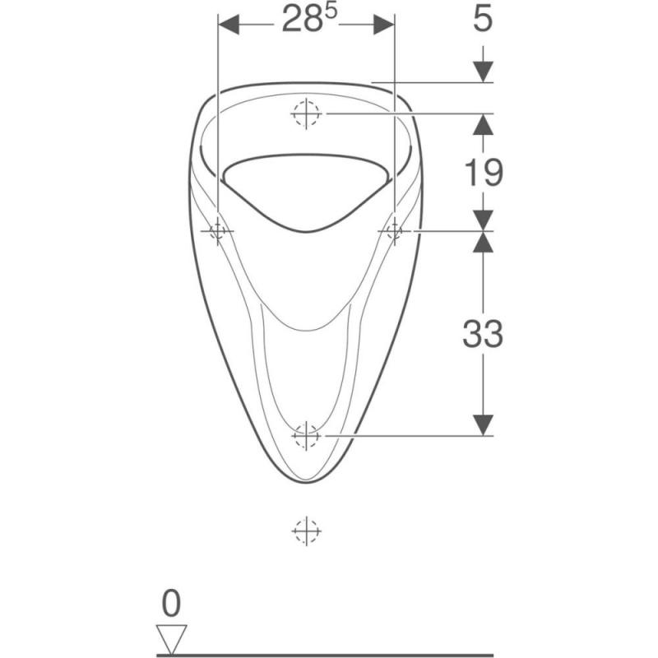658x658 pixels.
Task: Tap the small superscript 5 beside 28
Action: pyautogui.click(x=331, y=12)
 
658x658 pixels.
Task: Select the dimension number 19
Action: pyautogui.click(x=483, y=173)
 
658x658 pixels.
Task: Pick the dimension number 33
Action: pyautogui.click(x=483, y=333)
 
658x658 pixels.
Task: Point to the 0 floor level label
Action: pyautogui.click(x=171, y=603)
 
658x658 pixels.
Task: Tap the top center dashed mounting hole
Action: pyautogui.click(x=306, y=114)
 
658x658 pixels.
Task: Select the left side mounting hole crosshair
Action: pyautogui.click(x=217, y=231)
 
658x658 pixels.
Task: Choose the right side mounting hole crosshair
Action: pyautogui.click(x=395, y=231)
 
